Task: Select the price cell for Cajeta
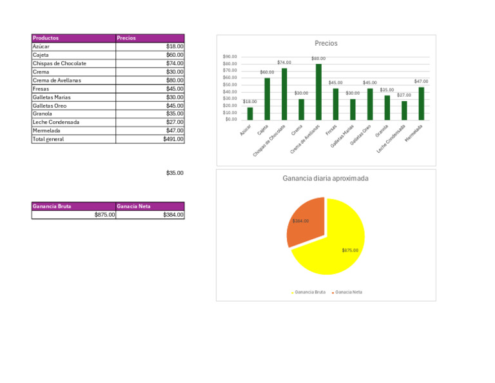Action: click(x=150, y=55)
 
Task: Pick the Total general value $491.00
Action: click(x=150, y=139)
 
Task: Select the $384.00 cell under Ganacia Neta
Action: click(x=150, y=215)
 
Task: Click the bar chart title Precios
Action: click(x=325, y=43)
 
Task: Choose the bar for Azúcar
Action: click(x=250, y=113)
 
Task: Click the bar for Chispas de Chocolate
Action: click(x=284, y=94)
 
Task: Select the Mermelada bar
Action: click(x=422, y=103)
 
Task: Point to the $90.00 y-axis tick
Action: click(x=229, y=57)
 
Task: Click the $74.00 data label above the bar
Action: click(x=284, y=63)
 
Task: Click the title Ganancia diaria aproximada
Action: click(x=325, y=178)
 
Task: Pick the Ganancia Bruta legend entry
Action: click(x=309, y=292)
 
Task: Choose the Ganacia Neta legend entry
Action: click(x=348, y=292)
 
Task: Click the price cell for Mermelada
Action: click(x=150, y=130)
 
